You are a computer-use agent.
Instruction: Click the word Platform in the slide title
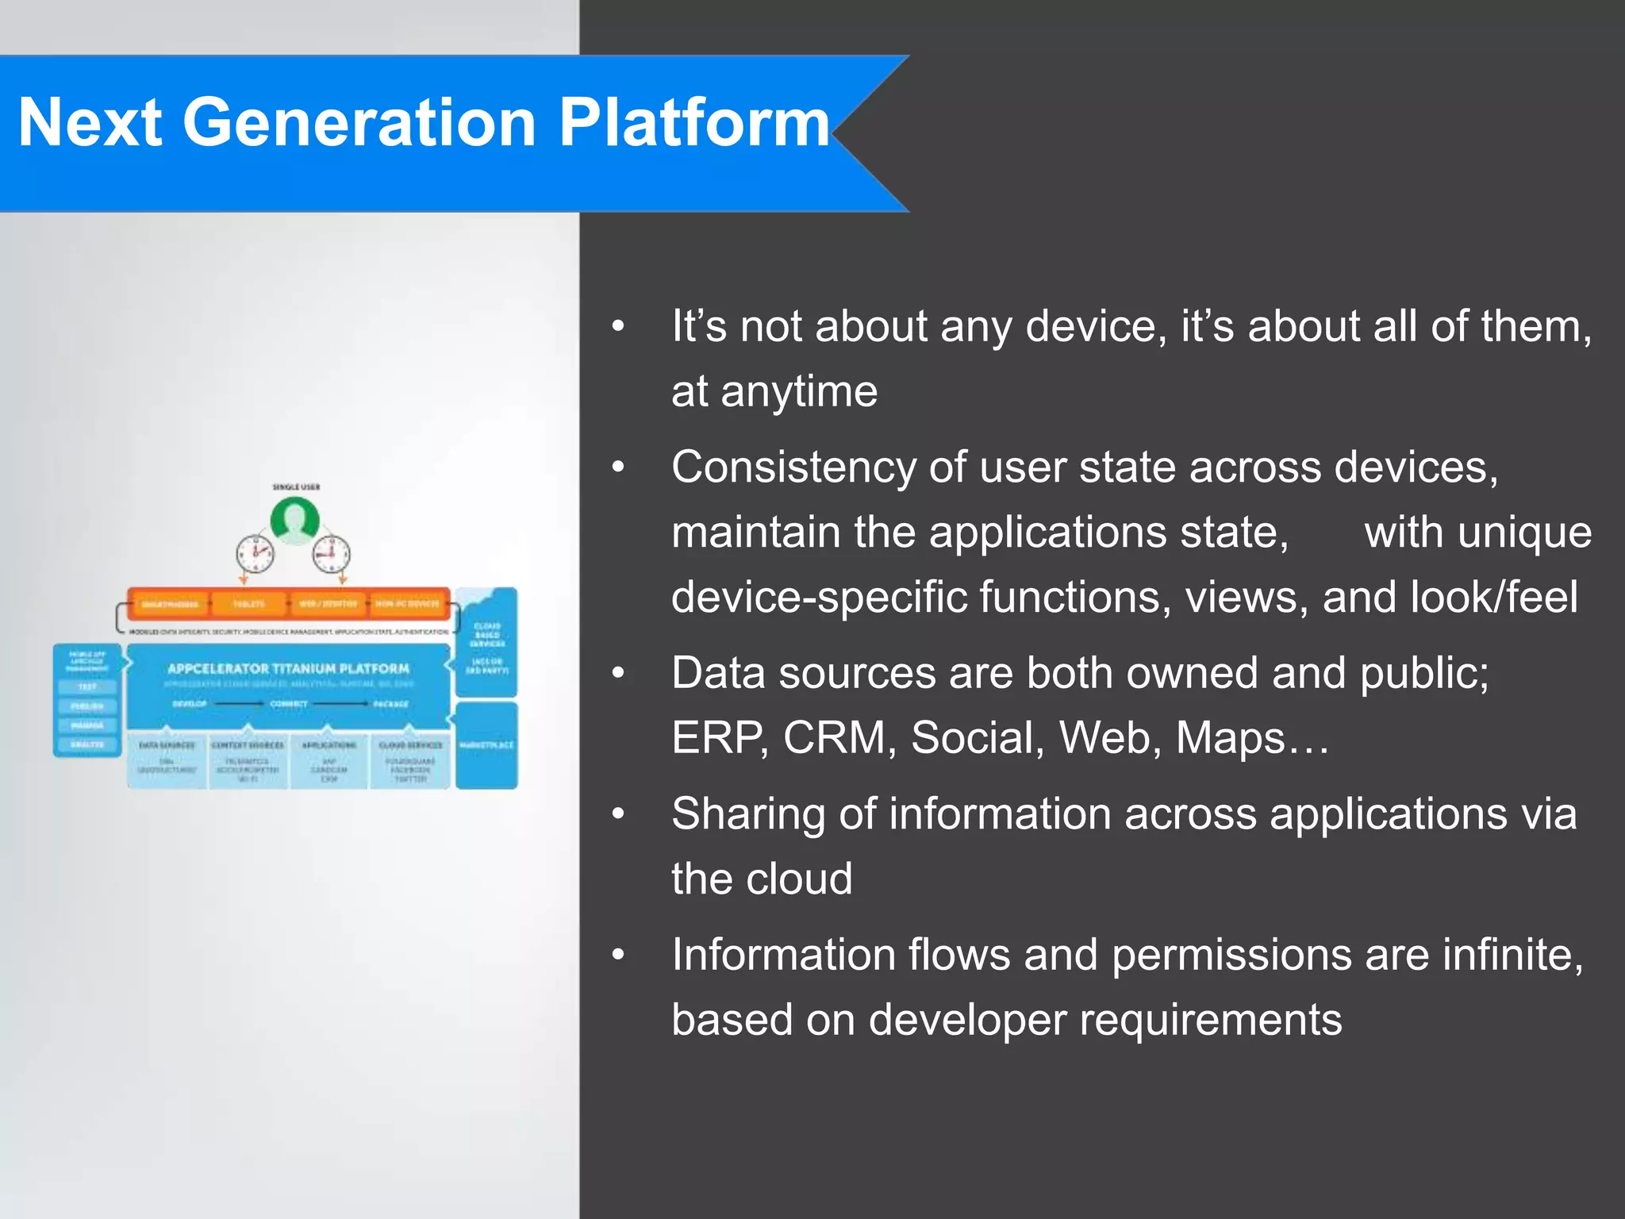693,122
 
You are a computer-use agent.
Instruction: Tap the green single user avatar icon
295,521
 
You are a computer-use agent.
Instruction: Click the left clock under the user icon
255,552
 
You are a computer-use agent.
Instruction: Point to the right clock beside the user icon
330,552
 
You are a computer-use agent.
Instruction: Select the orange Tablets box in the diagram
248,604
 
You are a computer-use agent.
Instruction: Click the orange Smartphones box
169,604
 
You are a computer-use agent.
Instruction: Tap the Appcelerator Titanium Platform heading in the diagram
288,669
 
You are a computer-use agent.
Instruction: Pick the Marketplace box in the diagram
486,744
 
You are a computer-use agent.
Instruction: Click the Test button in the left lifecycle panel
87,686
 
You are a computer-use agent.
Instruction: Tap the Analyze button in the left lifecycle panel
87,744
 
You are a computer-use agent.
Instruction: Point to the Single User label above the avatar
296,486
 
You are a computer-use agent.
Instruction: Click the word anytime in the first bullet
798,392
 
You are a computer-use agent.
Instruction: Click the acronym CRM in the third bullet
833,738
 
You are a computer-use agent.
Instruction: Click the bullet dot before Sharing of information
619,814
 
